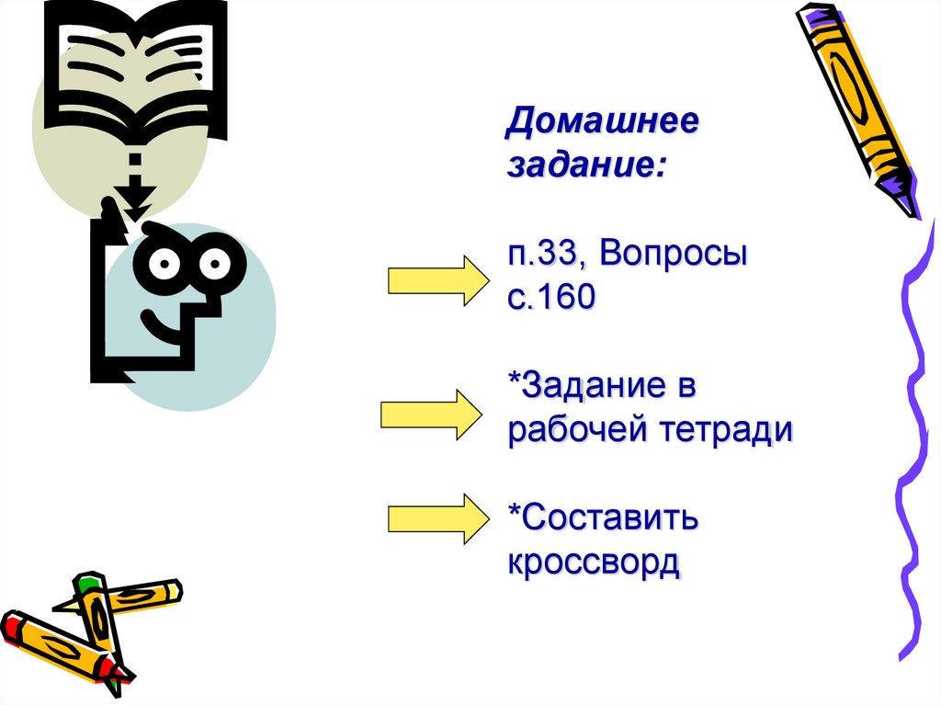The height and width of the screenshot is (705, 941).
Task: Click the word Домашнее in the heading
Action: coord(601,124)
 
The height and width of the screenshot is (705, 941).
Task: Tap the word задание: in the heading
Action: coord(584,167)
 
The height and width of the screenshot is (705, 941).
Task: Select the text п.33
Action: coord(547,255)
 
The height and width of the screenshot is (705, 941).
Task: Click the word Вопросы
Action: coord(675,255)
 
